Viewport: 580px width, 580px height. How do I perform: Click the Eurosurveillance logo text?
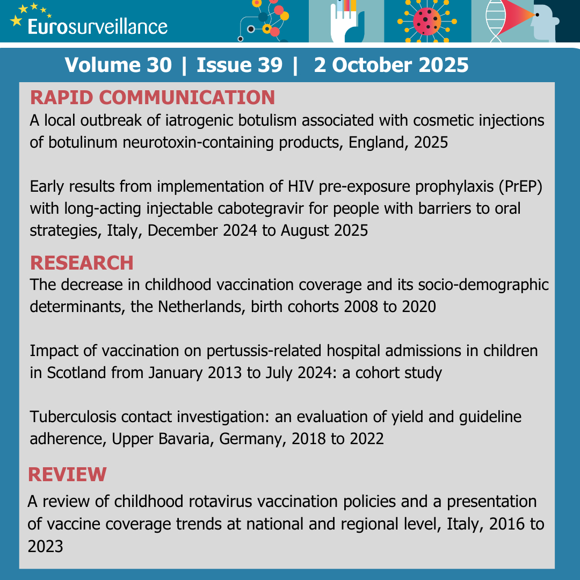click(97, 26)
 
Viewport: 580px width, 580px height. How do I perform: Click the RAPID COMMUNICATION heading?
click(153, 97)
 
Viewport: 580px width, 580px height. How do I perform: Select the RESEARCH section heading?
click(82, 263)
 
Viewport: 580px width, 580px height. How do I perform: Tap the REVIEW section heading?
click(67, 474)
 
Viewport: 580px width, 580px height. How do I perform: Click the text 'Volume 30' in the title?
click(118, 65)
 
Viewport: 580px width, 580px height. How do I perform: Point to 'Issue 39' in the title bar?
click(240, 65)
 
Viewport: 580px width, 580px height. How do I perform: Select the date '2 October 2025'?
click(391, 65)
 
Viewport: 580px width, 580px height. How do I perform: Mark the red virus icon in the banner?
click(427, 22)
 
